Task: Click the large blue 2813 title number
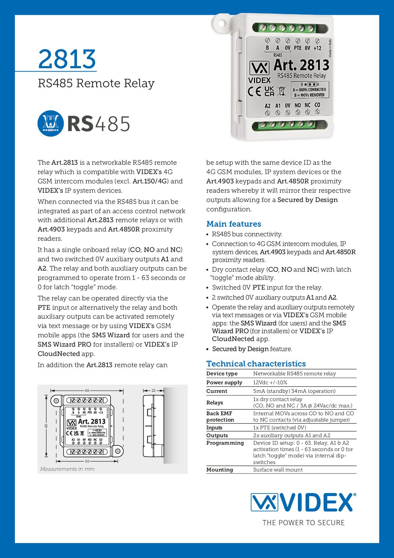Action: point(67,59)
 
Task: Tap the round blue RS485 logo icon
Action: point(50,123)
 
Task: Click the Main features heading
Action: point(233,224)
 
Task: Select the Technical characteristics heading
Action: point(256,363)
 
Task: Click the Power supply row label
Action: point(224,382)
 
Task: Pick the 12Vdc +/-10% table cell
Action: point(270,382)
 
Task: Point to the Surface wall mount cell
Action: point(278,470)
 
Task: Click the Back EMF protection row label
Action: point(220,416)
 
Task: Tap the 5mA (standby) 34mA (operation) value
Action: point(294,391)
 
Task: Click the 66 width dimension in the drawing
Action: point(87,390)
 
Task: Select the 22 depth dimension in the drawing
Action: point(153,390)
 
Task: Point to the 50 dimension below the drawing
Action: point(87,461)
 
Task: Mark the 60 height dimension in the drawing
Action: point(46,426)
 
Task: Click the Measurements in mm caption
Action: point(67,469)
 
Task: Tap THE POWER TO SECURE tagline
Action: point(304,523)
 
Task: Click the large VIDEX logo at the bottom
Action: point(303,502)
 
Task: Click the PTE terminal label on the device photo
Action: point(298,48)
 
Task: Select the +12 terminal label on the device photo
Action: point(317,48)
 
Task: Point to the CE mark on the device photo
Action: point(255,91)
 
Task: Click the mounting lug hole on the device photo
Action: point(220,23)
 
